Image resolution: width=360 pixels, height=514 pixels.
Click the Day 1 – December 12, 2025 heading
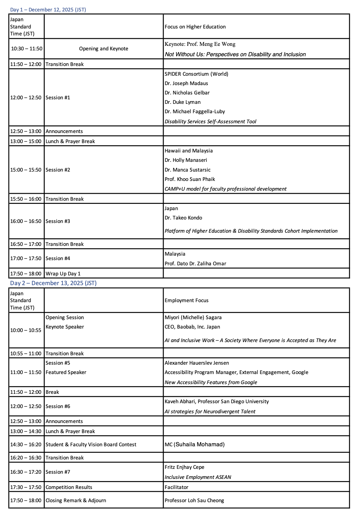coord(48,10)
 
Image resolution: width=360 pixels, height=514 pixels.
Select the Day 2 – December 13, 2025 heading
coord(53,283)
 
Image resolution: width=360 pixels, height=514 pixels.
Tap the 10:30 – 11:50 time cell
coord(26,49)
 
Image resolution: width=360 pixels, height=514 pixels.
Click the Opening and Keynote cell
coord(104,49)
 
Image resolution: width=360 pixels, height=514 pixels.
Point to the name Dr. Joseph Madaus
coord(186,83)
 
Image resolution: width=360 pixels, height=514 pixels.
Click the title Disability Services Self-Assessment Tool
coord(210,122)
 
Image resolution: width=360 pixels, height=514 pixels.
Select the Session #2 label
coord(58,170)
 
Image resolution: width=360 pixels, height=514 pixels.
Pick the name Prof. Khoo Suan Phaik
coord(190,179)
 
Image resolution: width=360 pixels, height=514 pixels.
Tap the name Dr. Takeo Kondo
coord(183,218)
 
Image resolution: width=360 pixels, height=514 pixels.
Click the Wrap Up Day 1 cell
coord(63,274)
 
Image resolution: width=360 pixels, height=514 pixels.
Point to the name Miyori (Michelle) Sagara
coord(193,317)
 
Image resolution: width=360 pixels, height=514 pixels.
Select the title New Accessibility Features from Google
coord(211,382)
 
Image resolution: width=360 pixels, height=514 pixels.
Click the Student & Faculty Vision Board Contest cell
coord(91,445)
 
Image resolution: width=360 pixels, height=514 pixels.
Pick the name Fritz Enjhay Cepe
coord(185,467)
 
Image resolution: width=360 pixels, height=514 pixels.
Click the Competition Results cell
coord(69,487)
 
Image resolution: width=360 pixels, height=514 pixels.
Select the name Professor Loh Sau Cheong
coord(194,500)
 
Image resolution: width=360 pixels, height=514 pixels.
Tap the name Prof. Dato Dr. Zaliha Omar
coord(195,264)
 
